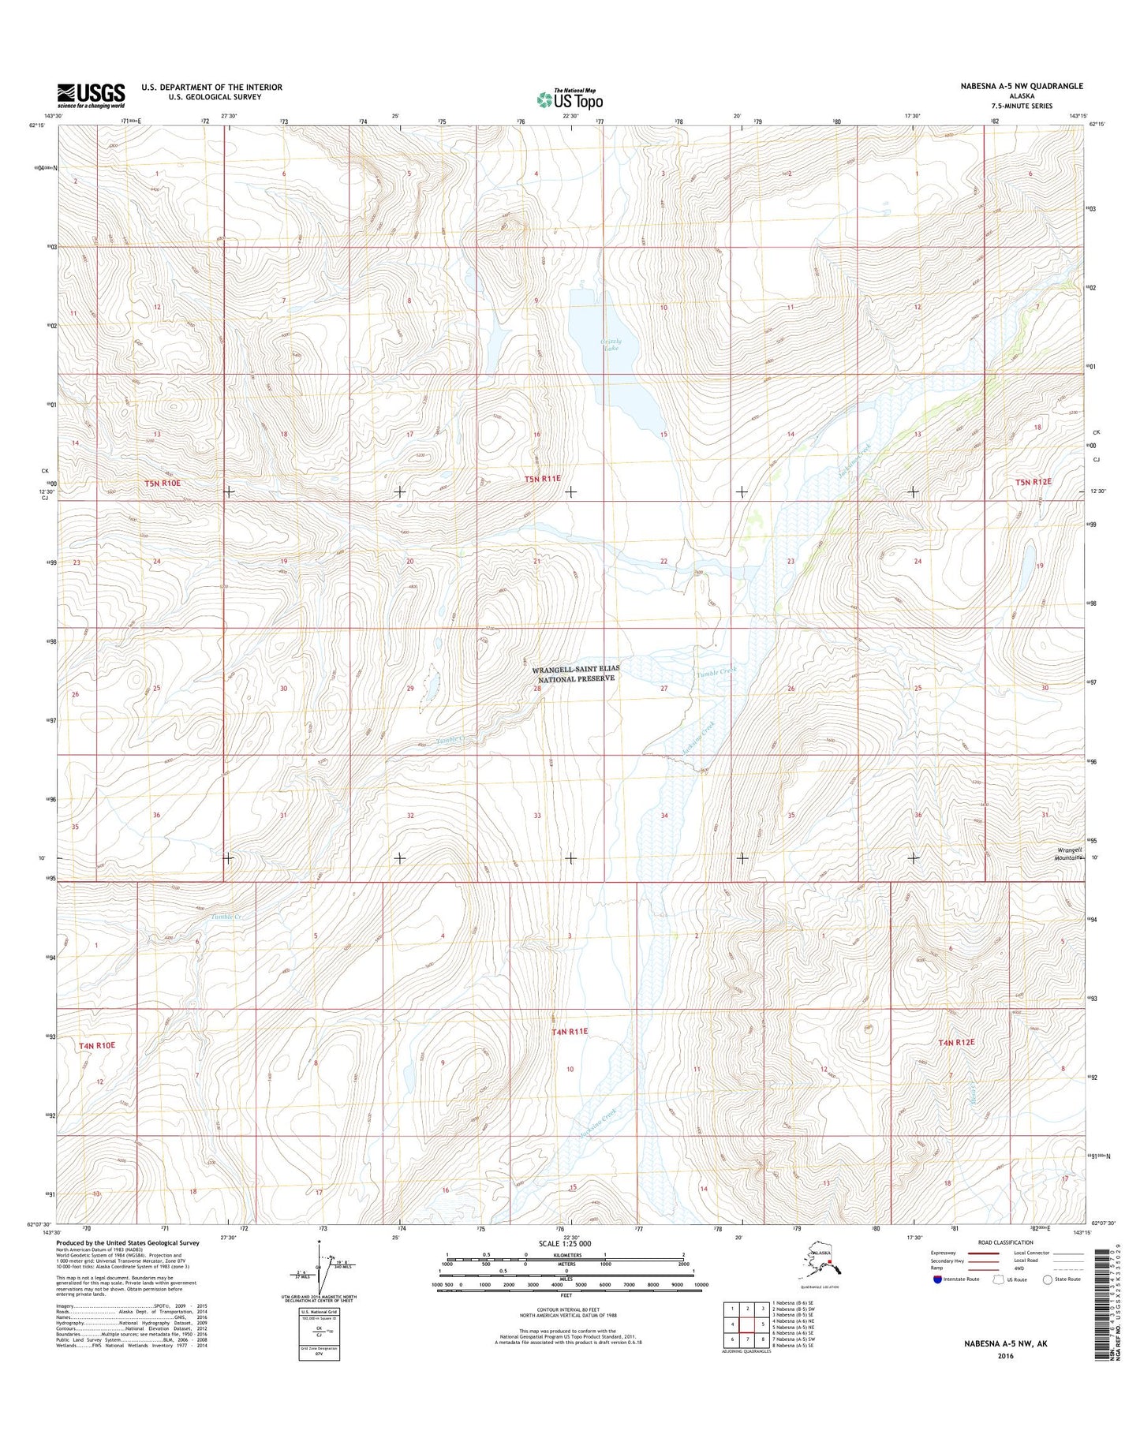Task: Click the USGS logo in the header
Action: pyautogui.click(x=91, y=95)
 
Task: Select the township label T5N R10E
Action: pyautogui.click(x=163, y=483)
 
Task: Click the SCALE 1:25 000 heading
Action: pyautogui.click(x=564, y=1243)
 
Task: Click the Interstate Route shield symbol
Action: pyautogui.click(x=936, y=1279)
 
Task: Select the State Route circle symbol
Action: pyautogui.click(x=1048, y=1279)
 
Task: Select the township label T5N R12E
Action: pyautogui.click(x=1034, y=481)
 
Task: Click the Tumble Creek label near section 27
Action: pyautogui.click(x=716, y=671)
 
